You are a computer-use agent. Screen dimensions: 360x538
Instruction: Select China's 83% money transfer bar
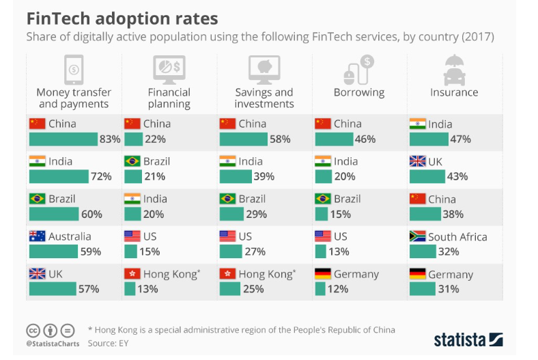click(x=63, y=139)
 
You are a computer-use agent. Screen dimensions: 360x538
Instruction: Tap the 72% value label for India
click(x=101, y=177)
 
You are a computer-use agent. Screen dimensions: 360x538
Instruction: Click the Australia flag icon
click(x=37, y=236)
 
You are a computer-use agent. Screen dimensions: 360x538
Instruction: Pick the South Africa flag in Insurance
click(x=417, y=236)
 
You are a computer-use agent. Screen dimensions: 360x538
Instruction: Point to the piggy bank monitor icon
click(x=264, y=69)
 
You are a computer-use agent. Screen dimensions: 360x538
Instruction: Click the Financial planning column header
click(x=169, y=98)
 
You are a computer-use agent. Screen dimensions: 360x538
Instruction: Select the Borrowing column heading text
click(x=359, y=92)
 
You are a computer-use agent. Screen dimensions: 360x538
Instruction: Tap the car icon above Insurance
click(x=454, y=69)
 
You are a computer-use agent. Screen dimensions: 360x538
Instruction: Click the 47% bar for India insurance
click(x=429, y=139)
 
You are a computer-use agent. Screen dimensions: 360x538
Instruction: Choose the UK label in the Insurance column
click(x=436, y=162)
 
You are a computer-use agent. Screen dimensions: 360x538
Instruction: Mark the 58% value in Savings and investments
click(x=280, y=139)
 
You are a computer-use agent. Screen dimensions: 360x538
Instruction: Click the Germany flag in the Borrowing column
click(x=323, y=274)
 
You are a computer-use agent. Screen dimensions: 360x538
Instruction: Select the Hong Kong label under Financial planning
click(x=171, y=274)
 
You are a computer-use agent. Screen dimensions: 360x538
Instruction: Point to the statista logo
click(x=468, y=339)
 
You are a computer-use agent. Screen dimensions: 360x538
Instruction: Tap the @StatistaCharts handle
click(x=53, y=343)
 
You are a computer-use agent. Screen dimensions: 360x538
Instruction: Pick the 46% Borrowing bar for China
click(x=334, y=139)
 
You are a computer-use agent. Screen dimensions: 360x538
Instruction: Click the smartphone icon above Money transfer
click(x=74, y=69)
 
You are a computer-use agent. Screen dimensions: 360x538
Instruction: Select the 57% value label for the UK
click(x=89, y=289)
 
